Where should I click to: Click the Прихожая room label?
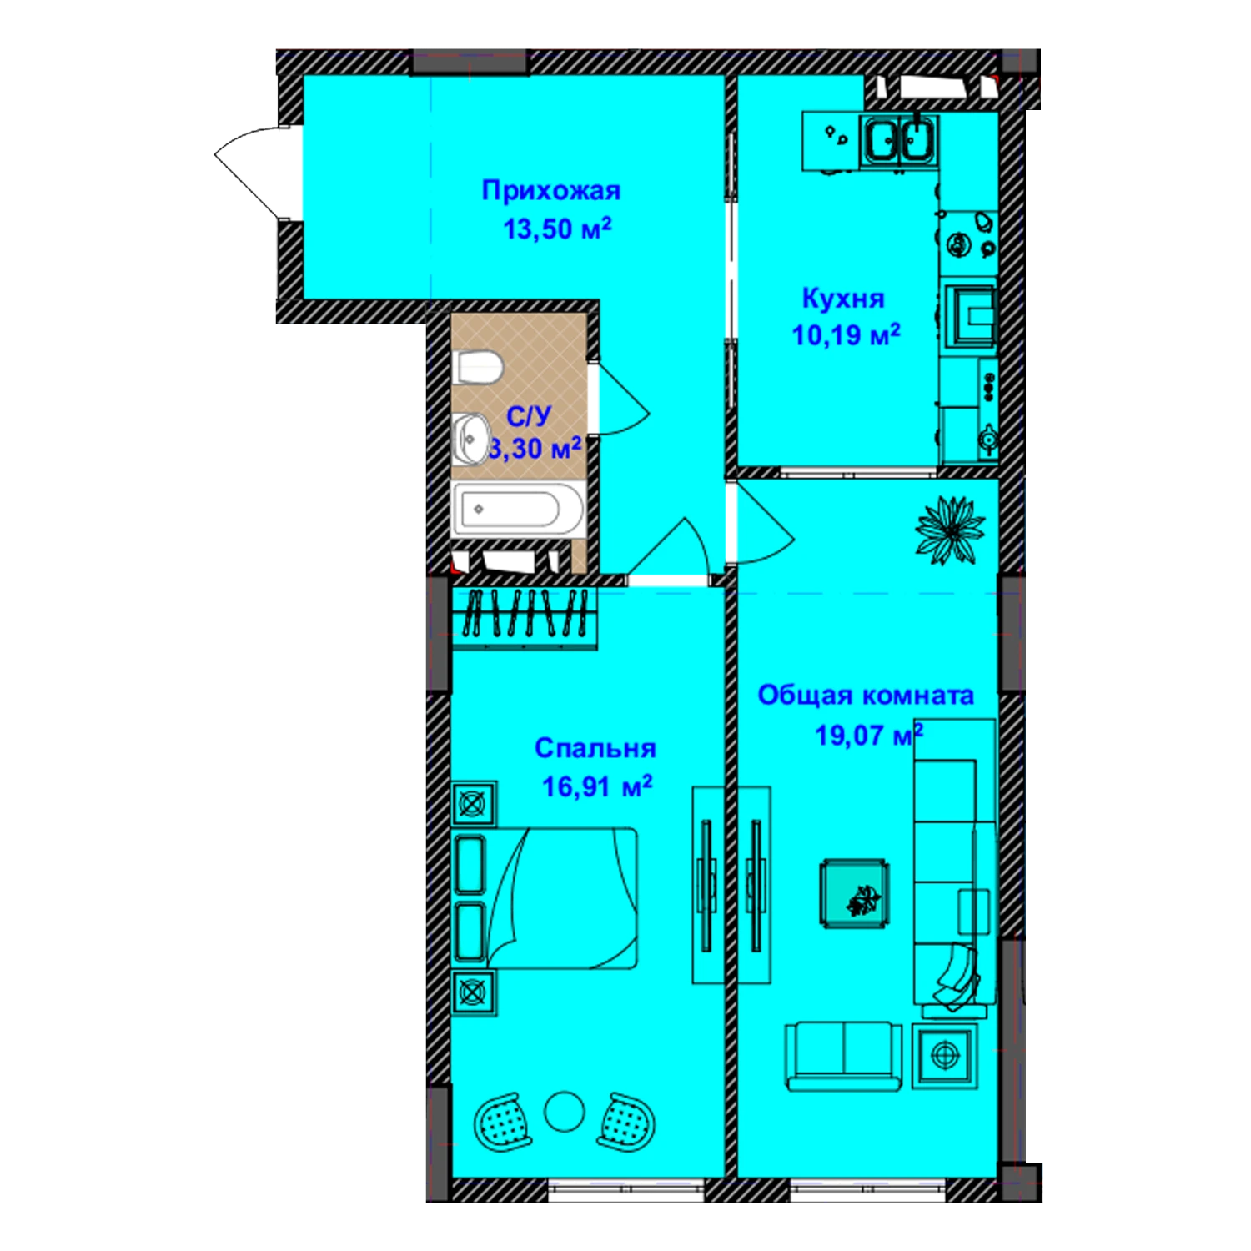pos(551,192)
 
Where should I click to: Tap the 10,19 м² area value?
pos(846,335)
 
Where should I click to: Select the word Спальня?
pos(595,748)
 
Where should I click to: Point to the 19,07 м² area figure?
pos(868,735)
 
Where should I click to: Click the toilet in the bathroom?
pos(478,367)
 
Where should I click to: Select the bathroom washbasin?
pos(471,437)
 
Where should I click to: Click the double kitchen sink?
pos(899,140)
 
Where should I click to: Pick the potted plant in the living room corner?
pos(950,530)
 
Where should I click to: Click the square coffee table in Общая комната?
pos(854,893)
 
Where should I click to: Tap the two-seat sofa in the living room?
pos(844,1056)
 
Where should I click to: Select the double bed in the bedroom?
pos(545,898)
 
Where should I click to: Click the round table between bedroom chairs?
pos(565,1112)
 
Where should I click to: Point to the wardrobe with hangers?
pos(525,618)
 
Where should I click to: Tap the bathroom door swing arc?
pos(621,400)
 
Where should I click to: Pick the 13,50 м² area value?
pos(557,229)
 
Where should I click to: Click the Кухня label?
pos(843,299)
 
